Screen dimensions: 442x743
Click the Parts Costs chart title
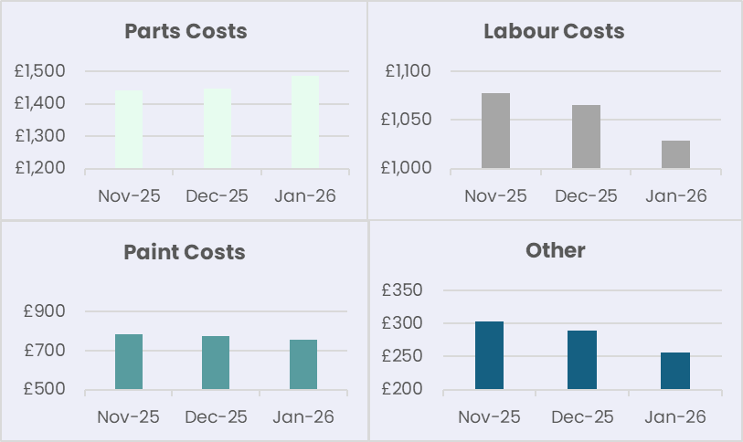(x=186, y=31)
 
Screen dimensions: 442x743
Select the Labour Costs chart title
(x=554, y=31)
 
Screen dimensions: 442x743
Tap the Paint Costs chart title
(x=185, y=252)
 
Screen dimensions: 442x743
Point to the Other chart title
(x=556, y=250)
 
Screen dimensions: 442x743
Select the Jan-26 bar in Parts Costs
(x=305, y=122)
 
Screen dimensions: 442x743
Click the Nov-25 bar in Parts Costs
(x=129, y=129)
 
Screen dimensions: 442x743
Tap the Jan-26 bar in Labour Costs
(x=675, y=154)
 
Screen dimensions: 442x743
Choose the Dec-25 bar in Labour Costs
(x=586, y=137)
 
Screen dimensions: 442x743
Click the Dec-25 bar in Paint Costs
(x=216, y=363)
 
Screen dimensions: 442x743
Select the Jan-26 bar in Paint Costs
(x=303, y=365)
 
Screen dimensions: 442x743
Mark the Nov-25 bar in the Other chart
(x=489, y=356)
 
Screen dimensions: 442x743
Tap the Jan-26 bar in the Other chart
(x=675, y=372)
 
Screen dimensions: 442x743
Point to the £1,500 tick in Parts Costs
(x=41, y=71)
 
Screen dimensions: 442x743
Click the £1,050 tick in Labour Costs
(x=408, y=120)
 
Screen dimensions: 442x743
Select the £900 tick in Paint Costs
(x=45, y=311)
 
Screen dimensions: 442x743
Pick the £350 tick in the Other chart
(x=402, y=290)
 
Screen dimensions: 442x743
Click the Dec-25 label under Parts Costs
(x=217, y=195)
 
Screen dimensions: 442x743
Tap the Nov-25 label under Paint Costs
(x=128, y=417)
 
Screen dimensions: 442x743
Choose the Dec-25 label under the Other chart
(x=582, y=417)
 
